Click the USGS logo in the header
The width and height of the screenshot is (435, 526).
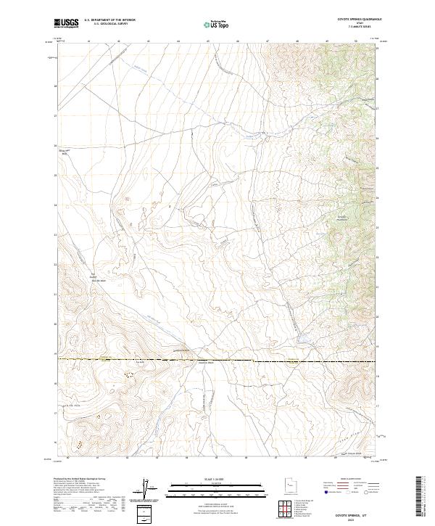coord(66,24)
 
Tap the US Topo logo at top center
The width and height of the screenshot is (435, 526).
coord(217,25)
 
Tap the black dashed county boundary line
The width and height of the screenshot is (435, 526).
coord(217,361)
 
